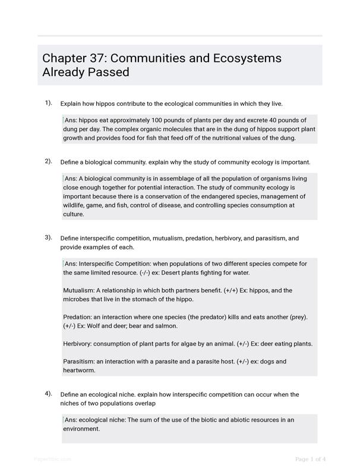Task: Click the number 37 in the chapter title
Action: coord(97,58)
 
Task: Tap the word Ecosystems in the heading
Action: coord(245,58)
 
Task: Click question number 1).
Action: coord(48,103)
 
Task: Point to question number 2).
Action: coord(48,161)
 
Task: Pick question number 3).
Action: coord(48,237)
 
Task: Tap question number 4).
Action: coord(48,394)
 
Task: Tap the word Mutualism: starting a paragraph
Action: coord(78,291)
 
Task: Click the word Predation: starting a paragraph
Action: coord(78,317)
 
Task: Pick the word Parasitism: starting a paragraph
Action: coord(79,362)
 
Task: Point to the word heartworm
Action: coord(79,370)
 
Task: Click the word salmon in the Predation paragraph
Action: coord(166,326)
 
